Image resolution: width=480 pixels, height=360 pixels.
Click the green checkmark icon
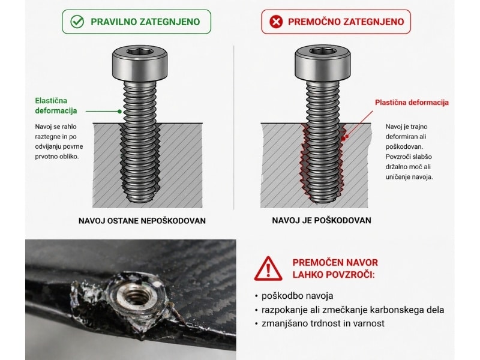77,22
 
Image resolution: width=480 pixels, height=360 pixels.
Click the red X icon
276,22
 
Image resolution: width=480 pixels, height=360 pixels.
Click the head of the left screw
140,63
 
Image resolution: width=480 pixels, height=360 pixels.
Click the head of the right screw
322,63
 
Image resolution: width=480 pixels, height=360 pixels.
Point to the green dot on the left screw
119,112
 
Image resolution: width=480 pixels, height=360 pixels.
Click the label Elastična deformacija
56,106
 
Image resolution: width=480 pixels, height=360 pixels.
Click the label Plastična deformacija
412,102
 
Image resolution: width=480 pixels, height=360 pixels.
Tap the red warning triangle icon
268,268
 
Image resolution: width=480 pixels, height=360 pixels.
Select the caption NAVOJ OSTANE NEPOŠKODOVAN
142,221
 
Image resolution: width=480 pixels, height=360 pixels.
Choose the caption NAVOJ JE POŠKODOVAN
322,220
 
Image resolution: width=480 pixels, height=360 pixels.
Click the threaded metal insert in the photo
137,296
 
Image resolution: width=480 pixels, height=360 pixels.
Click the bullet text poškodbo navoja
297,296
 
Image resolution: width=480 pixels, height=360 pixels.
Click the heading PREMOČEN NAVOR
335,262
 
